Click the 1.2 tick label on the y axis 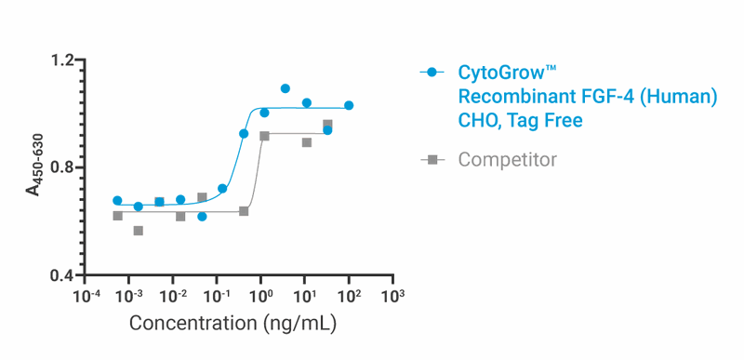[x=62, y=61]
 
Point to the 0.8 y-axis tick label [x=62, y=168]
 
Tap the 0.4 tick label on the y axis [x=62, y=276]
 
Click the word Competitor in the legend [x=508, y=160]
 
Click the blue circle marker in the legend [x=432, y=73]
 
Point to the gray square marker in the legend [x=432, y=160]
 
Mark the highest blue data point [x=286, y=89]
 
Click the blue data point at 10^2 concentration [x=349, y=106]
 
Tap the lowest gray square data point [x=139, y=231]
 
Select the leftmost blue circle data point [x=117, y=201]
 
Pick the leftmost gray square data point [x=117, y=216]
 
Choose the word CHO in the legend [x=478, y=121]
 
